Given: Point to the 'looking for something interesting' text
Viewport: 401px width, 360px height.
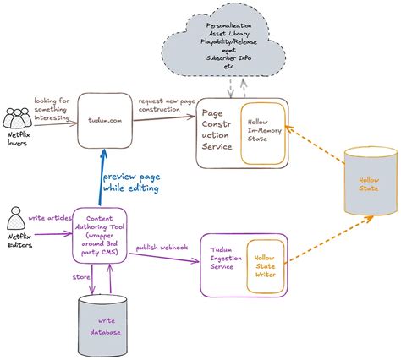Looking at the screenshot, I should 56,111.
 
